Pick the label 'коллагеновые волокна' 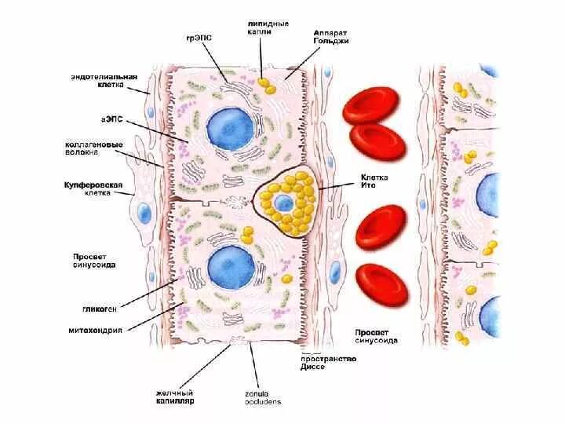(92, 150)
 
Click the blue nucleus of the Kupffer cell (143, 212)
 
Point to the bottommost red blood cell (382, 284)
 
